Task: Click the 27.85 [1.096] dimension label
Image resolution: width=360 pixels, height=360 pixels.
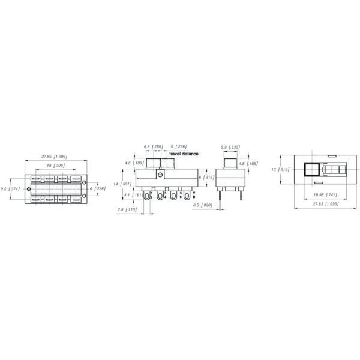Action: (54, 156)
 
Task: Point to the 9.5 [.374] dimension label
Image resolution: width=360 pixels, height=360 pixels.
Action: (10, 189)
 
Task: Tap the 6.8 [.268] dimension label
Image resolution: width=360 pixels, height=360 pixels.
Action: (153, 146)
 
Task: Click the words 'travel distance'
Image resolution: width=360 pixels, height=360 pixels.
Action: (184, 154)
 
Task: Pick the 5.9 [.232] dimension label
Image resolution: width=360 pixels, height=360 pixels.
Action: (230, 146)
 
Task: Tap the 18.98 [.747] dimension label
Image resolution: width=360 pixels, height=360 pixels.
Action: (325, 194)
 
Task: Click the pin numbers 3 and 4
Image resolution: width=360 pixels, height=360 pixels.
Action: (165, 194)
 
